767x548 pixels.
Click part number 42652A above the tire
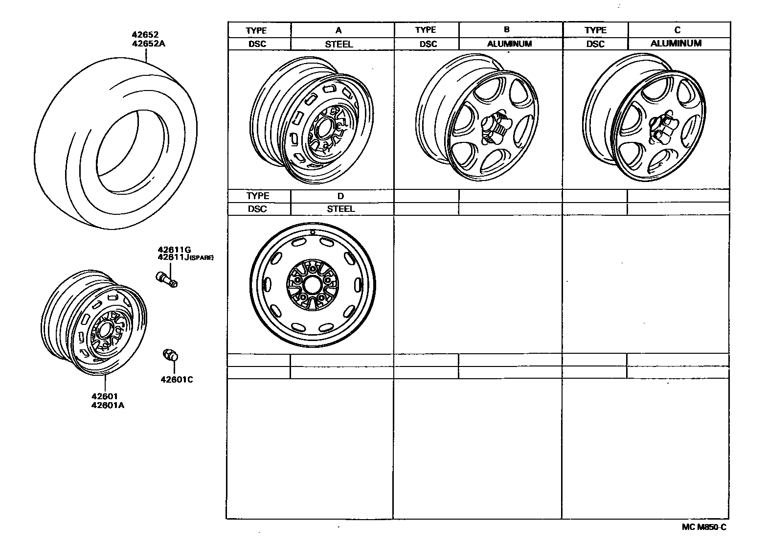coord(149,44)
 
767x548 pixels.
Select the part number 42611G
coord(174,250)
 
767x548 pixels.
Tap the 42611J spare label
coord(185,257)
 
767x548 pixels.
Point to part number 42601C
coord(177,380)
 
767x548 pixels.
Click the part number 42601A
coord(108,405)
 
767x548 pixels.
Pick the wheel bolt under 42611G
coord(167,279)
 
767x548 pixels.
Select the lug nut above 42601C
coord(171,355)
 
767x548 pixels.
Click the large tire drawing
coord(116,143)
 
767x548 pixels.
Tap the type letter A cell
coord(338,30)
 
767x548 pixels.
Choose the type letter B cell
coord(507,29)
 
